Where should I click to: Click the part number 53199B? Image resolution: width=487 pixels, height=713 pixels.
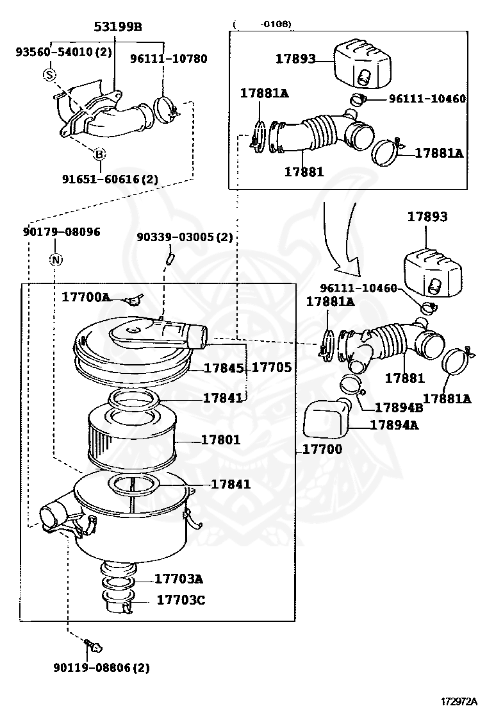point(118,26)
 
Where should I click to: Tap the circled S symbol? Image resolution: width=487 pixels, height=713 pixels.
point(49,75)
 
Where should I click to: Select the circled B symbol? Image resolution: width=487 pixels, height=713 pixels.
point(99,154)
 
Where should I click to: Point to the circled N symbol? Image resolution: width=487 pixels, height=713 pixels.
point(56,260)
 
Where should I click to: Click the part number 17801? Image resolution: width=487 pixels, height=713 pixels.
point(220,440)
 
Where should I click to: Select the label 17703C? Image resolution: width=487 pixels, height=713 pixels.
point(181,600)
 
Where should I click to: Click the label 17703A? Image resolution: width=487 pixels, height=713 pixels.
point(178,579)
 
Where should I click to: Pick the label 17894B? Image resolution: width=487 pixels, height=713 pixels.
point(399,407)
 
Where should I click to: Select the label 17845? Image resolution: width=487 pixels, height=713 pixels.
point(222,368)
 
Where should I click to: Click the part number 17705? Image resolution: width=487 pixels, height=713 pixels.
point(272,367)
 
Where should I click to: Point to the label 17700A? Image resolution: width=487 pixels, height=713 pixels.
point(86,297)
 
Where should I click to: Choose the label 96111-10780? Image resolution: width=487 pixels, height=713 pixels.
point(169,58)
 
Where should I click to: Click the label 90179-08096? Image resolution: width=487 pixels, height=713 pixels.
point(58,231)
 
